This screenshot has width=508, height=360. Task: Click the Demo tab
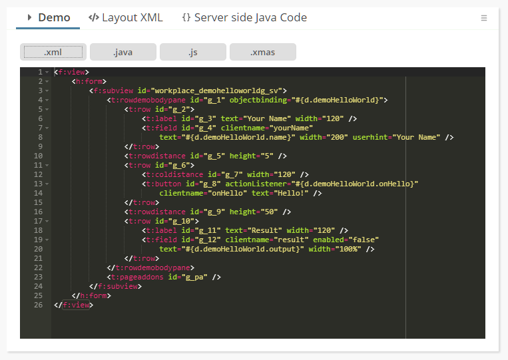48,17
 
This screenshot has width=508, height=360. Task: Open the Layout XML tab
125,17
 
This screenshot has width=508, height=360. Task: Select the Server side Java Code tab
244,17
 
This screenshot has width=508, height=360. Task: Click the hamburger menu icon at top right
484,18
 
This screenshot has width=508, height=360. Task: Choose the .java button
123,52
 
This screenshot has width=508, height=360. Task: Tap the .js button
193,52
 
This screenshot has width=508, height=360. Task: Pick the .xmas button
263,52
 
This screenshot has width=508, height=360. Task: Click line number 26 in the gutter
38,305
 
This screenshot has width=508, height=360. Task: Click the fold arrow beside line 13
47,184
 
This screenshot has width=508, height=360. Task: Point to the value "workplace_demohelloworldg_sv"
216,90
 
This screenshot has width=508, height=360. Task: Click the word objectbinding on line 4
258,100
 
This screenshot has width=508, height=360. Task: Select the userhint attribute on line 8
370,137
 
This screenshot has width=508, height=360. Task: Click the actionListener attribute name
256,184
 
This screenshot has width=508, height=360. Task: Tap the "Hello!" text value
291,193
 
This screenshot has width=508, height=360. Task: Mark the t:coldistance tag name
174,174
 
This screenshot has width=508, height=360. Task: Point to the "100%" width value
348,250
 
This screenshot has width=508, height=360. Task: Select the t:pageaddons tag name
137,277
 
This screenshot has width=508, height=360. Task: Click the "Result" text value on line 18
265,230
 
